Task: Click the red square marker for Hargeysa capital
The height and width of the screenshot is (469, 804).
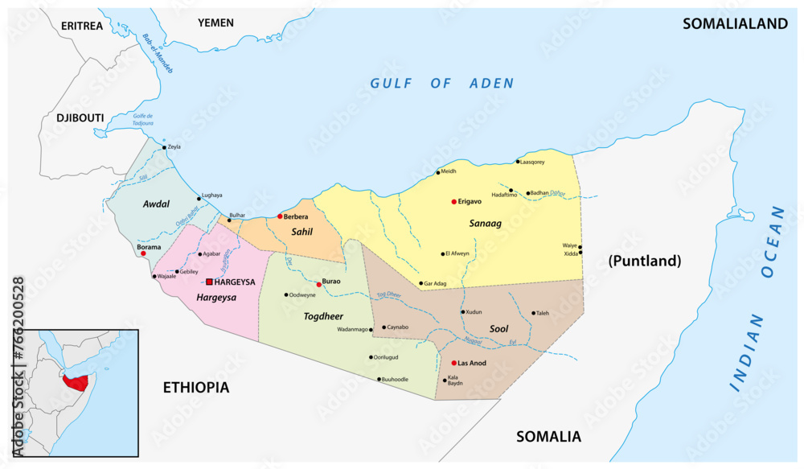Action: pyautogui.click(x=210, y=282)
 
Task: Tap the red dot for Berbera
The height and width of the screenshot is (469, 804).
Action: pyautogui.click(x=280, y=216)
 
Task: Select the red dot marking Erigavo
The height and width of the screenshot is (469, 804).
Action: pyautogui.click(x=454, y=202)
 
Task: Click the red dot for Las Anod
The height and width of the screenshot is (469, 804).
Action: pyautogui.click(x=454, y=363)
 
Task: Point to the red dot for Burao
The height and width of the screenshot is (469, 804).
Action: pyautogui.click(x=319, y=285)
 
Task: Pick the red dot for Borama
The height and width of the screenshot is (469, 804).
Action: pyautogui.click(x=143, y=253)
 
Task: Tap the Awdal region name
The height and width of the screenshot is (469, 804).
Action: pyautogui.click(x=155, y=204)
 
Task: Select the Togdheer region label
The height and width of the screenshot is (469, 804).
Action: pyautogui.click(x=324, y=316)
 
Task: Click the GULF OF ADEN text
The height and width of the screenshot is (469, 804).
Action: pyautogui.click(x=441, y=84)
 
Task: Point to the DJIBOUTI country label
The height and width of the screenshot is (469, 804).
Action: pyautogui.click(x=80, y=118)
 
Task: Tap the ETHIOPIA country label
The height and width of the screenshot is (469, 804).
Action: pyautogui.click(x=196, y=388)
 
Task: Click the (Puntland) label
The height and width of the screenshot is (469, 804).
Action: pyautogui.click(x=645, y=261)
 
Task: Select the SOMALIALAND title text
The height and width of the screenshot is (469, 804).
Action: pyautogui.click(x=735, y=24)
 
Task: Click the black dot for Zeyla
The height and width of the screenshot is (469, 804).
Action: pyautogui.click(x=164, y=147)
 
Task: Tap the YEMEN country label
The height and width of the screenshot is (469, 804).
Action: pyautogui.click(x=215, y=23)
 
